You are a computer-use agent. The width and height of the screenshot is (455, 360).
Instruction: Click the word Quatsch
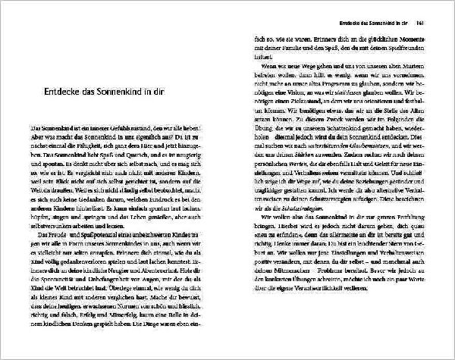[143, 154]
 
